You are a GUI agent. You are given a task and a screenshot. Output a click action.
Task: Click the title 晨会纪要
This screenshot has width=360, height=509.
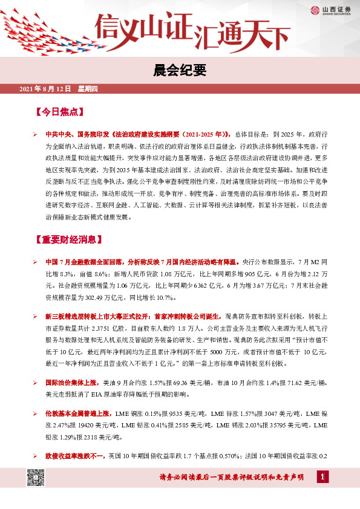tap(179, 71)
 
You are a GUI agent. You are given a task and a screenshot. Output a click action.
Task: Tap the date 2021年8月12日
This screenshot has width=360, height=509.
tap(46, 90)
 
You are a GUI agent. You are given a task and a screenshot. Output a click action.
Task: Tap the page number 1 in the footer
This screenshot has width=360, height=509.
tap(322, 478)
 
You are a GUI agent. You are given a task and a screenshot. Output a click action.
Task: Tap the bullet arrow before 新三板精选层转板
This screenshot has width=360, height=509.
tap(36, 316)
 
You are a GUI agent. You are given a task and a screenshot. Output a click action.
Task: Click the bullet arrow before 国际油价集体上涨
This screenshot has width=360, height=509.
tap(36, 383)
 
